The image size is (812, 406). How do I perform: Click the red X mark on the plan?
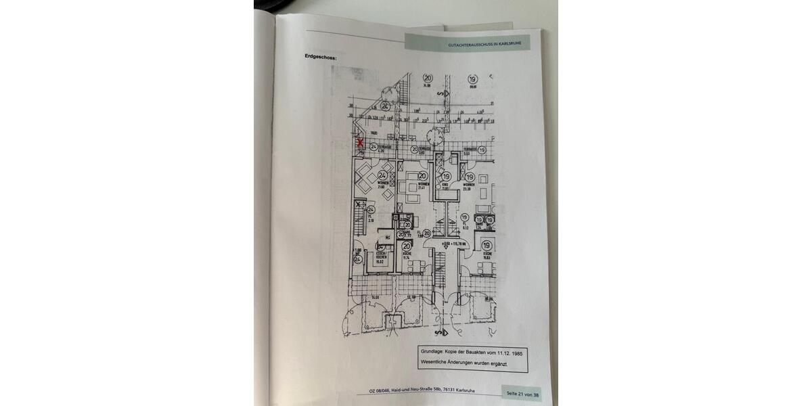point(361,143)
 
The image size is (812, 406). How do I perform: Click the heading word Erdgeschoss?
point(321,57)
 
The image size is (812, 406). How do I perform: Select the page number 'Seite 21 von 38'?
point(522,394)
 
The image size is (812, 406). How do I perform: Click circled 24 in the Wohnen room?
point(372,175)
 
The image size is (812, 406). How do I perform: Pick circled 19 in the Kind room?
point(446,177)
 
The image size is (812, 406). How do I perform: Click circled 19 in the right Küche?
point(487,246)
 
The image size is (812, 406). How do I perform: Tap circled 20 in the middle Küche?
point(407,247)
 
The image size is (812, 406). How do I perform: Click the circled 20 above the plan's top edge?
point(427,78)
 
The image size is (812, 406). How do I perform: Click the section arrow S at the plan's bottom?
point(441,333)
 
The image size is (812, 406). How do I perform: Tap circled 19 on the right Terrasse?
point(482,150)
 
